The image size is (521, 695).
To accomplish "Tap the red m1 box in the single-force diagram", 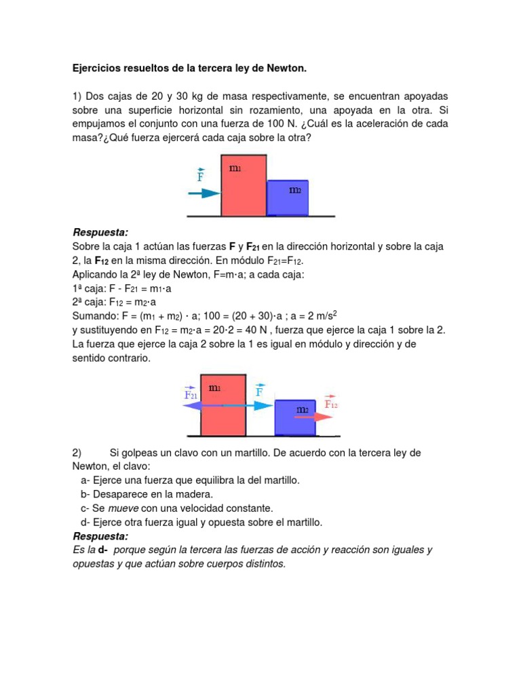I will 243,185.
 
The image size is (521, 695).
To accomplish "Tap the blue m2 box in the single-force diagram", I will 288,198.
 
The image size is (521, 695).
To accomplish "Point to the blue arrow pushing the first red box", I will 201,193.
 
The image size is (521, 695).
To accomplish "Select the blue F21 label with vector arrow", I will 191,394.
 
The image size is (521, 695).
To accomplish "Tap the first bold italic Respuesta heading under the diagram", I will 100,233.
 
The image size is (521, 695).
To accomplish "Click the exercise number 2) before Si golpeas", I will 77,453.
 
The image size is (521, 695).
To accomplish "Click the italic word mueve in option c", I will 124,508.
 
